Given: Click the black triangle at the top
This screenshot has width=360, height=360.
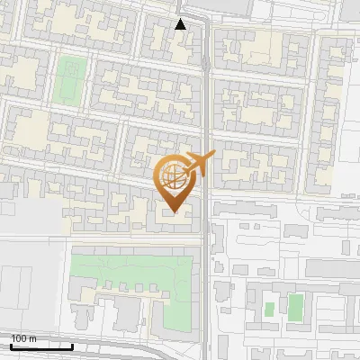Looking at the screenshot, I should [x=180, y=24].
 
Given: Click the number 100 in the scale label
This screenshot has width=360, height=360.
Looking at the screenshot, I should [x=18, y=337].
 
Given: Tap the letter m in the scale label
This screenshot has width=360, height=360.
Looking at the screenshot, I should [x=32, y=337].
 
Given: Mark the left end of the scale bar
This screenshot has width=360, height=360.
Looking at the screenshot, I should [x=10, y=346].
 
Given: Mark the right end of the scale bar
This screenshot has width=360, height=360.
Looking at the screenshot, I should [x=72, y=346].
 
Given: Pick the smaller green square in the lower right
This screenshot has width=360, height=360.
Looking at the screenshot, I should [x=269, y=310].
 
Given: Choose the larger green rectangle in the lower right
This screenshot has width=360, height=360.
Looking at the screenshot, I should [x=294, y=308].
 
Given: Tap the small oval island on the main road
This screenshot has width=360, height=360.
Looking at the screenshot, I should [x=207, y=62].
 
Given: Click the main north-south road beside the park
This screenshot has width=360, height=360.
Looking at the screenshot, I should [x=207, y=288].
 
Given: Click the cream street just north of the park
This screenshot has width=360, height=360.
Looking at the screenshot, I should [x=135, y=238].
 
